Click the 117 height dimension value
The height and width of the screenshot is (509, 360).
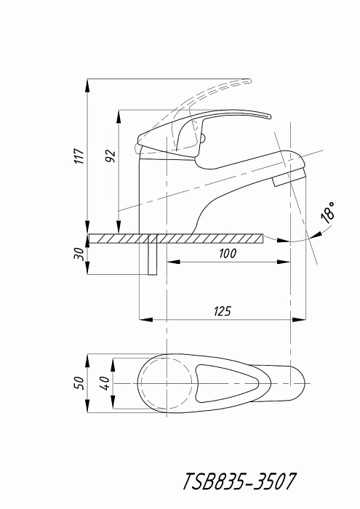pyautogui.click(x=80, y=156)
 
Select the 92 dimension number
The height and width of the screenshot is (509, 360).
pyautogui.click(x=111, y=156)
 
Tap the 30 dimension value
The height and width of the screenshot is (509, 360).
pyautogui.click(x=79, y=254)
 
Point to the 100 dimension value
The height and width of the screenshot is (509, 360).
pyautogui.click(x=228, y=254)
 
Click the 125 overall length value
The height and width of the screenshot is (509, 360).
pyautogui.click(x=223, y=311)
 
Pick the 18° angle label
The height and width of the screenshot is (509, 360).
pyautogui.click(x=328, y=212)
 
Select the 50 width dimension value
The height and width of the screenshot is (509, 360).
pyautogui.click(x=79, y=383)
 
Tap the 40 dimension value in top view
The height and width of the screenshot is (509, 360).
pyautogui.click(x=105, y=383)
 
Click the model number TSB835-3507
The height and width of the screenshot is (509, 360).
pyautogui.click(x=239, y=481)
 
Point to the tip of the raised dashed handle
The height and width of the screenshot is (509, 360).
pyautogui.click(x=250, y=81)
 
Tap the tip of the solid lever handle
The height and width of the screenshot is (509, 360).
pyautogui.click(x=269, y=116)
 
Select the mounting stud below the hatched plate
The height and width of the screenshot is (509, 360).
pyautogui.click(x=152, y=255)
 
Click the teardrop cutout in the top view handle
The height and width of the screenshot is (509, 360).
pyautogui.click(x=227, y=383)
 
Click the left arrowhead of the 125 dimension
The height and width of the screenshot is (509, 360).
pyautogui.click(x=145, y=320)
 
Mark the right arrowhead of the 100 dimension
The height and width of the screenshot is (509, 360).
pyautogui.click(x=284, y=262)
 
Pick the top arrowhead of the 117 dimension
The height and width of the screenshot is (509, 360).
pyautogui.click(x=87, y=85)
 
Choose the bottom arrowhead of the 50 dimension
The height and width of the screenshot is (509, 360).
pyautogui.click(x=88, y=406)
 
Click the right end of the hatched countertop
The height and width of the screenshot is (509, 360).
pyautogui.click(x=263, y=239)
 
